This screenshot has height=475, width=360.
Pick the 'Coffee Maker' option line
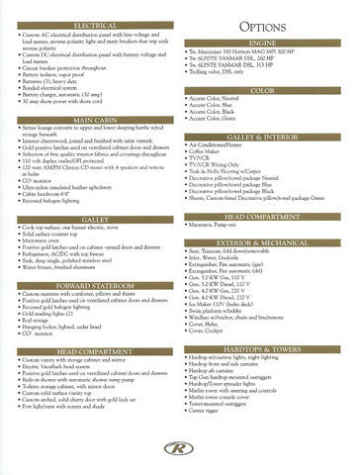(x=209, y=150)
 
